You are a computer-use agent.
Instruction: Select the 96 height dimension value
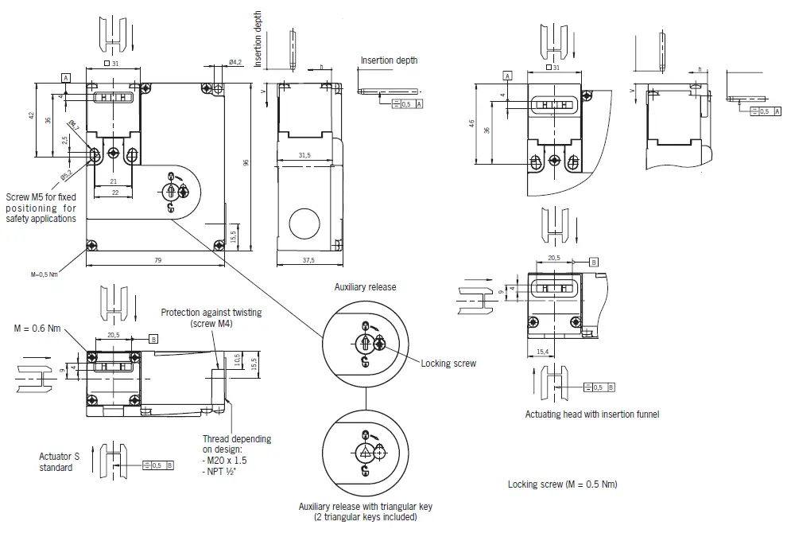pos(246,162)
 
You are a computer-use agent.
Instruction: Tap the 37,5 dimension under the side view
pos(308,259)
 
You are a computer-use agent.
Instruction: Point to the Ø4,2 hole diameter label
pos(235,61)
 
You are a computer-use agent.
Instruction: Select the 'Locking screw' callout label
pos(448,364)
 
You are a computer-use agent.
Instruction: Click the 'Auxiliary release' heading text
pos(365,286)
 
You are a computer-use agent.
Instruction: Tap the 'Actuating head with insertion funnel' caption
pos(591,414)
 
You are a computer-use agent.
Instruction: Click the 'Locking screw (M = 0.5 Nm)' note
pos(562,484)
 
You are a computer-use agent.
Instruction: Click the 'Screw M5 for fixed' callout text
pos(41,197)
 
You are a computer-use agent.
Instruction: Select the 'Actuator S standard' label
pos(60,461)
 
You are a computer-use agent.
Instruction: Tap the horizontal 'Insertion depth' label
pos(389,60)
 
